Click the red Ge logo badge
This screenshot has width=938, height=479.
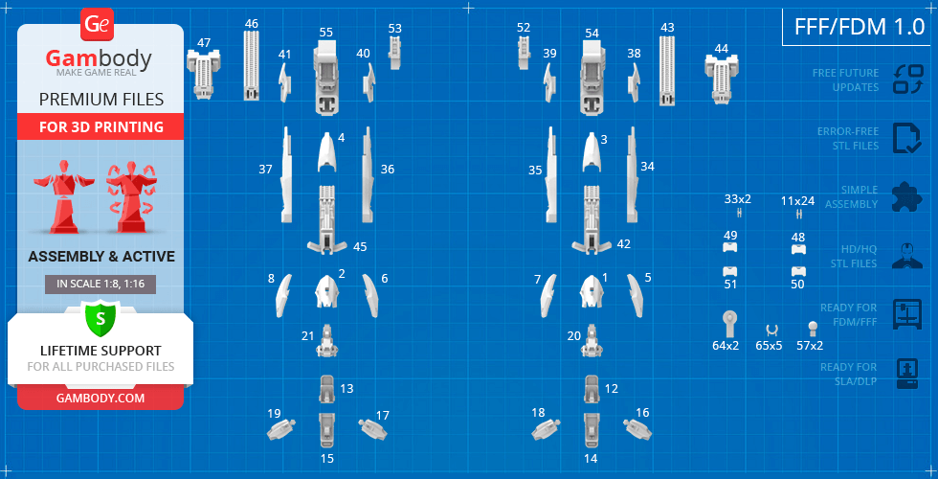pos(97,25)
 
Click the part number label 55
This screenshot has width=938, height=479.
pos(326,33)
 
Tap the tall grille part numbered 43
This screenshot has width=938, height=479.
pos(668,71)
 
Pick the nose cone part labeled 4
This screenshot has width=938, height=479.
pos(327,151)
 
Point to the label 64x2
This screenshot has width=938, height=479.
pos(726,346)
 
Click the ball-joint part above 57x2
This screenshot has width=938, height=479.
pos(813,328)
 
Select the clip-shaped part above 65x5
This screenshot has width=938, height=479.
pos(771,330)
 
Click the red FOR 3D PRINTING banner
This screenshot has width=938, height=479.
pos(100,126)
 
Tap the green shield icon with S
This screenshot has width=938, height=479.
pos(100,319)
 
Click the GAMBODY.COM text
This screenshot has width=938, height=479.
pos(100,398)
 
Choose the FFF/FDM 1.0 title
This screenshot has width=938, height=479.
pos(860,27)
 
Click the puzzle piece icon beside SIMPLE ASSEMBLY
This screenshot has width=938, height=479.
pos(907,196)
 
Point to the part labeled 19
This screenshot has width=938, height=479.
pos(281,429)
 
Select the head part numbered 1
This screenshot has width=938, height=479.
pos(592,292)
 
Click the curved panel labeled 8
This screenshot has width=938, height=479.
pos(283,295)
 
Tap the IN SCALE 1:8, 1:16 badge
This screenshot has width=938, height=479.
pos(100,284)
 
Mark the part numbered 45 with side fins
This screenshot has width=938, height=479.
pos(326,219)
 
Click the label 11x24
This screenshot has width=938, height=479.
pos(797,201)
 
